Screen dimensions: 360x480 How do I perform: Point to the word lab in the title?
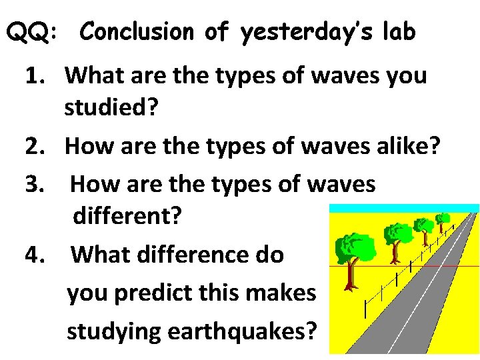pos(398,31)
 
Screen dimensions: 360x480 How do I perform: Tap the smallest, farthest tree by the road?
pos(442,219)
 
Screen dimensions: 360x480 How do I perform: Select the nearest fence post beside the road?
pos(365,307)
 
